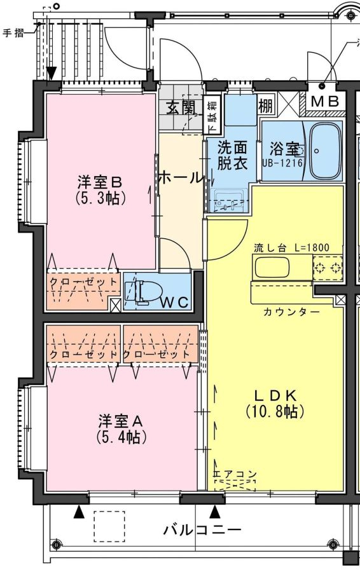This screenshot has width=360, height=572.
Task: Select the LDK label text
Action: tap(275, 395)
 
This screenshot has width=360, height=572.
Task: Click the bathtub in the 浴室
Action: tap(324, 151)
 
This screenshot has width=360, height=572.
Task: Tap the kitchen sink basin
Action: tap(272, 267)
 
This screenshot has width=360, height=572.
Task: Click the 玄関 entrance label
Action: tap(181, 107)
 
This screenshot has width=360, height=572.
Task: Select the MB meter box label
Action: tap(324, 102)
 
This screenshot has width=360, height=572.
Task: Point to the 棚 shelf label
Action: tap(265, 106)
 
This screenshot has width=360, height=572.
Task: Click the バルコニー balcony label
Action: tap(202, 529)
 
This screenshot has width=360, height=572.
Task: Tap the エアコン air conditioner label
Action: tap(235, 474)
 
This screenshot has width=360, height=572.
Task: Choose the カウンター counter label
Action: tap(291, 312)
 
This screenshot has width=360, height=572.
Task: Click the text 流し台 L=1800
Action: tap(291, 248)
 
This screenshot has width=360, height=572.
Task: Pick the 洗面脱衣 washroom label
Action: tap(232, 155)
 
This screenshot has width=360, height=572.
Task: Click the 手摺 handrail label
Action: tap(13, 33)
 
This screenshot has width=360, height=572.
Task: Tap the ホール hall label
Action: tap(181, 178)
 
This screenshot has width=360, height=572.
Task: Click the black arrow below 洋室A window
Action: tap(78, 512)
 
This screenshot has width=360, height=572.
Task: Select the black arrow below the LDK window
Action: tap(216, 512)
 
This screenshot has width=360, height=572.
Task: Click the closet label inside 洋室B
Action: tap(83, 282)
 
